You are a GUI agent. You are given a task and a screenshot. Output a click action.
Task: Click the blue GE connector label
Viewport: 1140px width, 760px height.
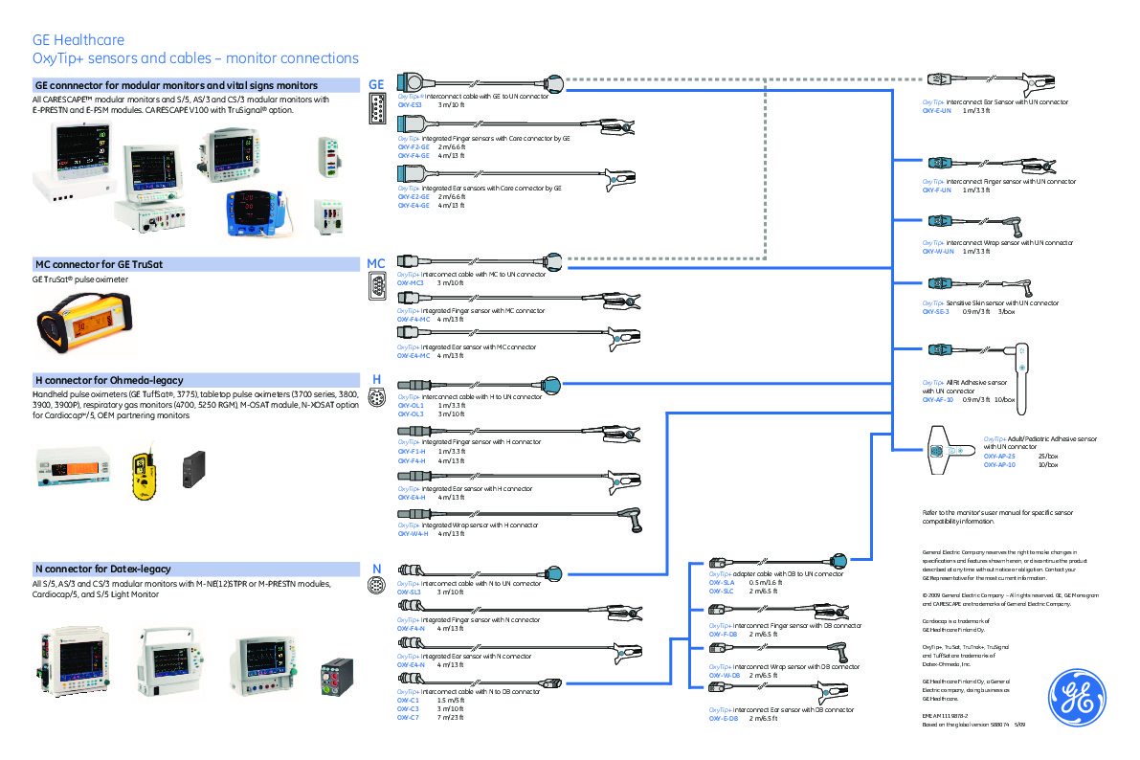[x=376, y=85]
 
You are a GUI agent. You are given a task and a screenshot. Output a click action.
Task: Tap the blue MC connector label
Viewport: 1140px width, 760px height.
[x=376, y=263]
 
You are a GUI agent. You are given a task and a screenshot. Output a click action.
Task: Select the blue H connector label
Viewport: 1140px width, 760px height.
[x=376, y=379]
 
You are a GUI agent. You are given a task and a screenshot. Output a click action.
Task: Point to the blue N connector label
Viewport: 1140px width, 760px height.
[x=376, y=569]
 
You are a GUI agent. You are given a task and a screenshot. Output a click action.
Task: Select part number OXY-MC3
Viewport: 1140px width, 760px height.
[x=411, y=283]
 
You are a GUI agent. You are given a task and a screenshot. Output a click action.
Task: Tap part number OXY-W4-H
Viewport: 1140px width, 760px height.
[x=412, y=533]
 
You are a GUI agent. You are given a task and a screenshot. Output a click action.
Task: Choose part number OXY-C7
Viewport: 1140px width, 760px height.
[x=409, y=717]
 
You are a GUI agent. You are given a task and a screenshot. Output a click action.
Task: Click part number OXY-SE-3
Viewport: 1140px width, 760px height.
[x=935, y=311]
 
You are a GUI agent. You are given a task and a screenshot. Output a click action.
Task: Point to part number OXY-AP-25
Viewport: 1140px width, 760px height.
[x=998, y=456]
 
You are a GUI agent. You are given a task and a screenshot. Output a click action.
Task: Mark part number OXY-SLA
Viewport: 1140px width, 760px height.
[x=721, y=583]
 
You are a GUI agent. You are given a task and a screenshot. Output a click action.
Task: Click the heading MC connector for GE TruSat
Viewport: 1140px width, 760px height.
[x=89, y=263]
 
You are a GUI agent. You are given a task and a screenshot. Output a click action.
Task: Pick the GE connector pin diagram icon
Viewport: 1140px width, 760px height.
[x=376, y=112]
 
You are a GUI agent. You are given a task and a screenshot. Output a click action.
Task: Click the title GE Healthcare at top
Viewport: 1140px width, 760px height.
[x=78, y=41]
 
